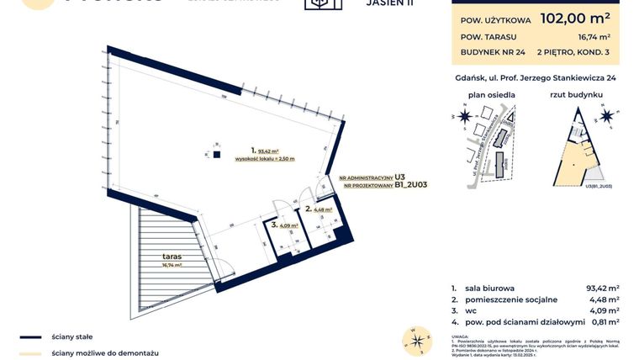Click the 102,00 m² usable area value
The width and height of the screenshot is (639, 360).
575,18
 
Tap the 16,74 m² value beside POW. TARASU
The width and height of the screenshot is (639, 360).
593,37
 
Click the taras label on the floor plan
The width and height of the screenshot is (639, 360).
174,255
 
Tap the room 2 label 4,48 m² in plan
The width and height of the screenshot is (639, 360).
323,210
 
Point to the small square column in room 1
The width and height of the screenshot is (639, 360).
216,155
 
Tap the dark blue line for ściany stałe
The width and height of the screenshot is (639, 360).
30,336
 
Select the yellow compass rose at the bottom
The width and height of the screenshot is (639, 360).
415,340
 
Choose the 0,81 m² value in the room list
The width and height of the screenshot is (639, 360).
603,320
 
